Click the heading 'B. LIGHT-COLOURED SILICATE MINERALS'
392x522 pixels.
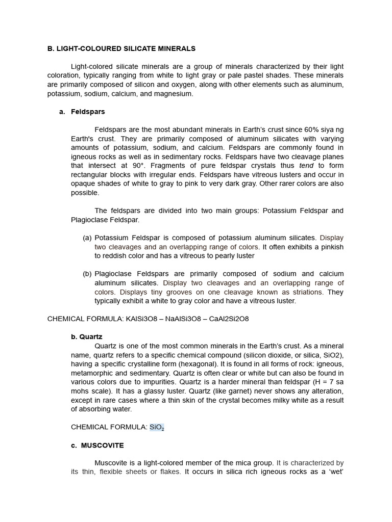pyautogui.click(x=121, y=48)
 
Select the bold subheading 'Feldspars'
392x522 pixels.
pyautogui.click(x=88, y=112)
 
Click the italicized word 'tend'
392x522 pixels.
pyautogui.click(x=306, y=166)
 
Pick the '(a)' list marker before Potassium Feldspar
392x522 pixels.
pyautogui.click(x=87, y=238)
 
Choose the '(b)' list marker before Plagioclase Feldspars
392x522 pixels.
pyautogui.click(x=87, y=274)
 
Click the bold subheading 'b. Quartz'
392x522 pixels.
pyautogui.click(x=87, y=337)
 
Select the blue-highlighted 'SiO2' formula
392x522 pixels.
pyautogui.click(x=157, y=427)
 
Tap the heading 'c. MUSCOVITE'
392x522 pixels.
pyautogui.click(x=97, y=445)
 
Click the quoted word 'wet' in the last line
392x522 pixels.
pyautogui.click(x=335, y=472)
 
